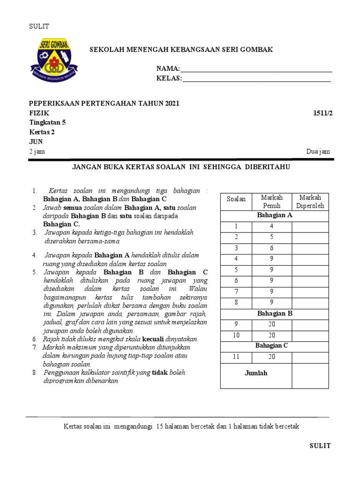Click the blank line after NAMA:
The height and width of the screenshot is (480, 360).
click(x=256, y=70)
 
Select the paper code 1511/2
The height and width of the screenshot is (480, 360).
click(x=322, y=113)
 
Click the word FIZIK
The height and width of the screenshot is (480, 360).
click(x=38, y=113)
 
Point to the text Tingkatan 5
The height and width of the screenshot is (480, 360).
click(x=47, y=123)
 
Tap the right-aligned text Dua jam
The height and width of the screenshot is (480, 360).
click(x=318, y=151)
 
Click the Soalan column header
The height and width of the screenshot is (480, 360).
click(x=236, y=199)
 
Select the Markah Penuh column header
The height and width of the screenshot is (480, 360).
click(x=271, y=202)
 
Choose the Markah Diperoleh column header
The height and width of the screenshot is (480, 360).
click(x=310, y=202)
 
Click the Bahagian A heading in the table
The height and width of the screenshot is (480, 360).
click(x=274, y=215)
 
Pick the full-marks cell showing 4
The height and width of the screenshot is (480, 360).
click(x=271, y=226)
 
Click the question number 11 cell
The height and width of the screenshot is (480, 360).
click(x=236, y=357)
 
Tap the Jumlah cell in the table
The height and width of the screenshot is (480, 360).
click(x=256, y=373)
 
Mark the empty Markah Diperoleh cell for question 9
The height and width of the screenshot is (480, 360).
click(x=310, y=324)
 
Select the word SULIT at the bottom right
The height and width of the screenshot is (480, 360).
click(x=320, y=446)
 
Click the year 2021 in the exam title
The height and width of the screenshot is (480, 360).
click(x=171, y=104)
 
